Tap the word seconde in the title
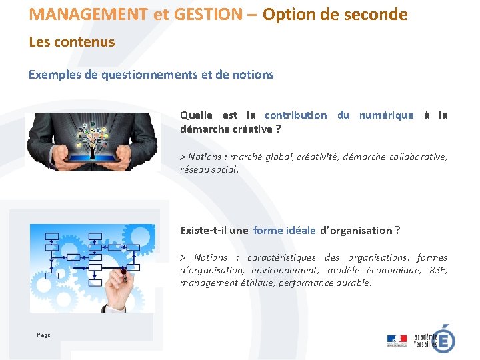[x=376, y=14]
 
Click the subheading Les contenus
[x=72, y=42]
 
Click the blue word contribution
[x=296, y=115]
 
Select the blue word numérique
[x=386, y=115]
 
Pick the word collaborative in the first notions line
[x=418, y=157]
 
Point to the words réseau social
[x=208, y=169]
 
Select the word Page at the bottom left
[x=44, y=335]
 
